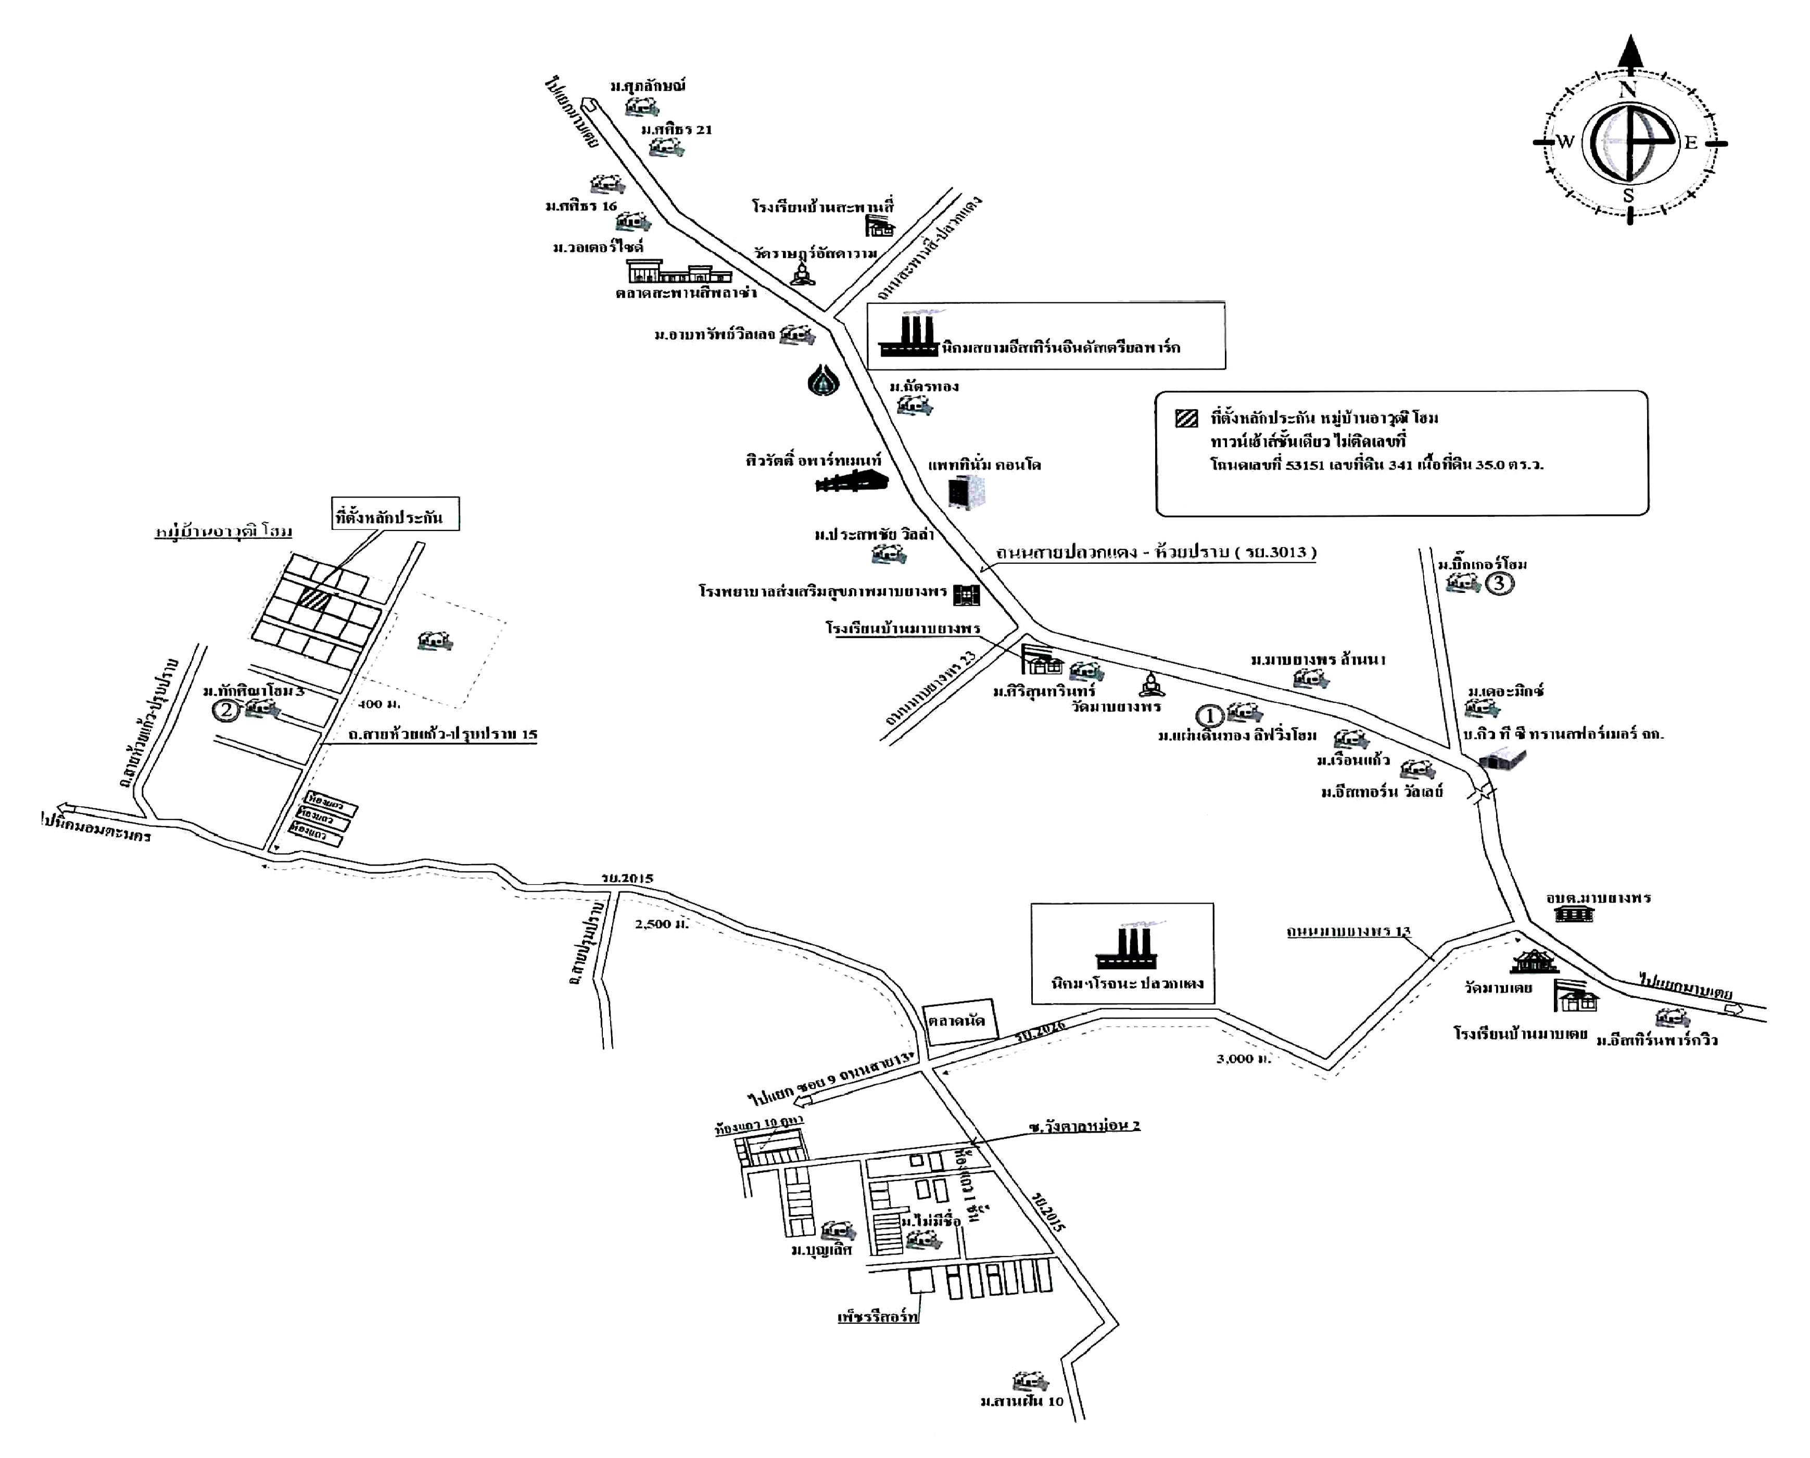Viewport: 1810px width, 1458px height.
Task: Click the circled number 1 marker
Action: [1209, 716]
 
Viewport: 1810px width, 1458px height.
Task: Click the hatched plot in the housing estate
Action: [315, 598]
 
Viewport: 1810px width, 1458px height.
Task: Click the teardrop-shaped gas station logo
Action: [823, 381]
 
